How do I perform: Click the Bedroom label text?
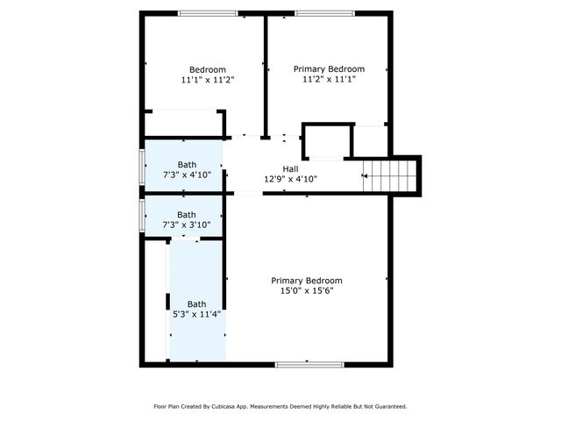coord(208,70)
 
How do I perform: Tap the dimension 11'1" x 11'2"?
coord(208,80)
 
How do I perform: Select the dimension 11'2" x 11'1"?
coord(329,79)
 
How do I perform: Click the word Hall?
coord(290,169)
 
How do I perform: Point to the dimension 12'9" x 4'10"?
coord(290,179)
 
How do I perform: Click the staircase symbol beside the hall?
coord(391,175)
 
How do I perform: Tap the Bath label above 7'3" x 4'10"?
coord(187,165)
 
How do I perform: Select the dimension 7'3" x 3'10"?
coord(187,225)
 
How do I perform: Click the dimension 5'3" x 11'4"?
coord(196,314)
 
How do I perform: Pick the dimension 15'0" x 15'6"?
coord(306,290)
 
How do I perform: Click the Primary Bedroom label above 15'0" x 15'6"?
coord(306,281)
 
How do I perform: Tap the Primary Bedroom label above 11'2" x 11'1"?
coord(329,68)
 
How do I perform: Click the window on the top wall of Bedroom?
coord(207,13)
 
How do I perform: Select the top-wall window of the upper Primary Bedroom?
coord(324,13)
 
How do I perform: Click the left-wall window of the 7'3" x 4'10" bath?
coord(142,167)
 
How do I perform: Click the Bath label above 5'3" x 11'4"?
coord(196,304)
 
